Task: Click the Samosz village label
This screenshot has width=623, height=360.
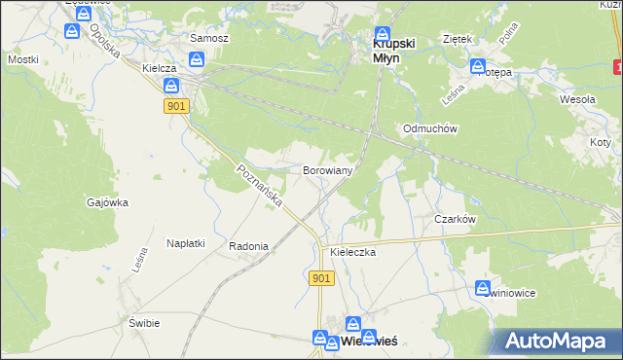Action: point(208,38)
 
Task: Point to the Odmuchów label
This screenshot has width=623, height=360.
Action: point(430,128)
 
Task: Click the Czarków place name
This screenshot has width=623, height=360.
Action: point(455,220)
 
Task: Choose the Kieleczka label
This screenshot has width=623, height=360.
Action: point(353,252)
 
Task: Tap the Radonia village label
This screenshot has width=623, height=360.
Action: point(248,247)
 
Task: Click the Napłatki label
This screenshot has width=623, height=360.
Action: point(185,243)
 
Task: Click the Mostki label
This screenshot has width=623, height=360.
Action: point(22,59)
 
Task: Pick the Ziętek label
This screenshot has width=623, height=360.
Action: point(457,39)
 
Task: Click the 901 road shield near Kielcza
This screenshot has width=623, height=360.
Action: point(176,106)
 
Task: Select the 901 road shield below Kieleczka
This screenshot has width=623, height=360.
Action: point(323,278)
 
